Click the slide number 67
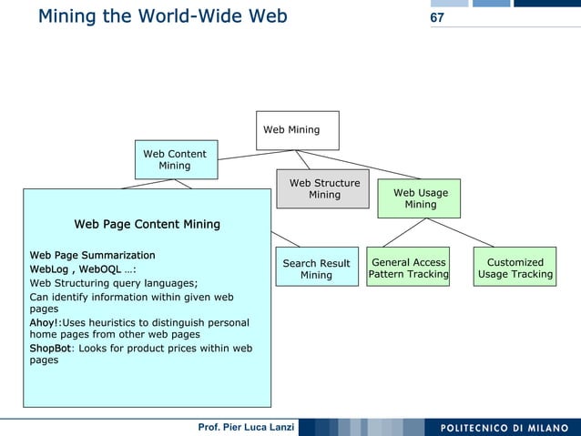[437, 18]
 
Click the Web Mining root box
[297, 130]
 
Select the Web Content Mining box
[175, 159]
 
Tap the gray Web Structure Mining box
[324, 189]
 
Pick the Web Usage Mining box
[420, 198]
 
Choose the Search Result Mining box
[316, 269]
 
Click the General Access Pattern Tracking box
[409, 268]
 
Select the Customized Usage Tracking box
[515, 268]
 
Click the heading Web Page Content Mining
[147, 224]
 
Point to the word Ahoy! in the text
[44, 322]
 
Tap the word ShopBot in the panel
[50, 348]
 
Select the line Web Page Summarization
[92, 255]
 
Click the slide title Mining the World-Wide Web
[163, 16]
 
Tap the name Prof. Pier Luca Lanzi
[246, 428]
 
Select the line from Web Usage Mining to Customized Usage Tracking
[468, 232]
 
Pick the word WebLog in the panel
[49, 269]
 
